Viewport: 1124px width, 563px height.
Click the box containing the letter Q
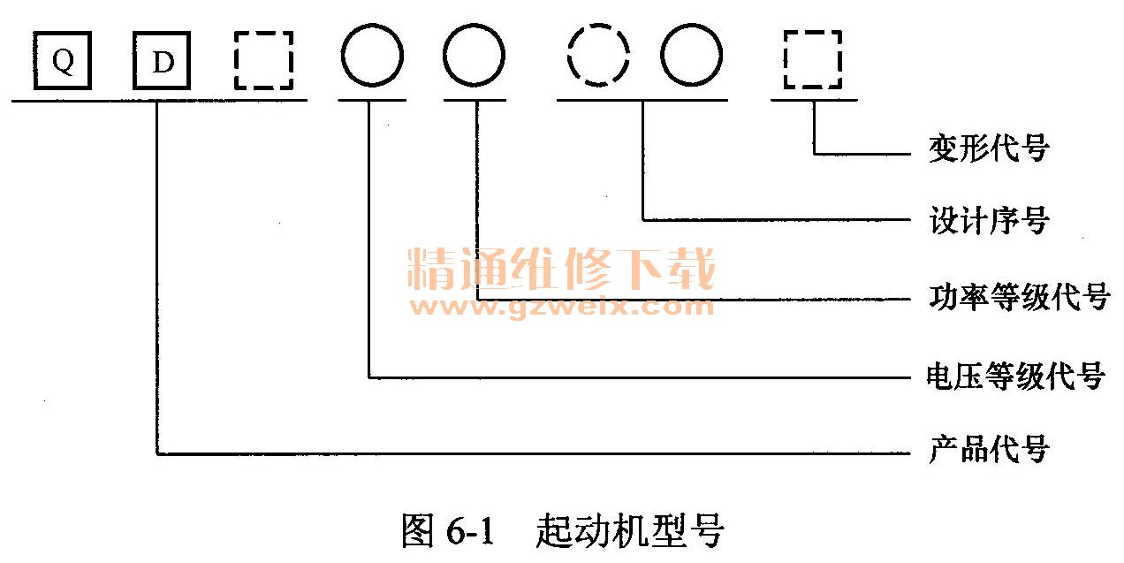pyautogui.click(x=63, y=61)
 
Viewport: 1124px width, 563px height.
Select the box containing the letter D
pyautogui.click(x=162, y=61)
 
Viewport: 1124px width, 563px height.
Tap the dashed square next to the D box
pyautogui.click(x=262, y=61)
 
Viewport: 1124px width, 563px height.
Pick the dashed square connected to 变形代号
pyautogui.click(x=813, y=61)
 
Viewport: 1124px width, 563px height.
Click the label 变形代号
pyautogui.click(x=988, y=148)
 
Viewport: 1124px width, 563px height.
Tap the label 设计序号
pyautogui.click(x=988, y=220)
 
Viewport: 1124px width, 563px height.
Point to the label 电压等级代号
pyautogui.click(x=1015, y=376)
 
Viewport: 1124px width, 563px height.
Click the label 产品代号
pyautogui.click(x=988, y=450)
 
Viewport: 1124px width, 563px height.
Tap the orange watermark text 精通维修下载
pyautogui.click(x=561, y=270)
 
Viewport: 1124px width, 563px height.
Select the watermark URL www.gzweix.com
pyautogui.click(x=561, y=308)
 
